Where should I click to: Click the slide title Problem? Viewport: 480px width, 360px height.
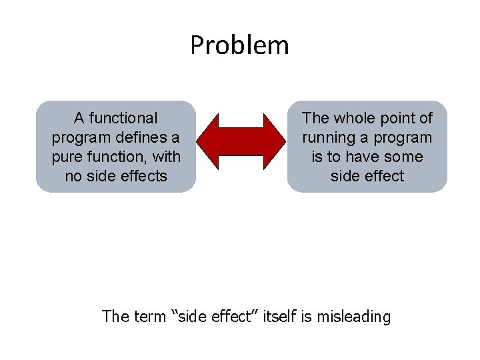[x=239, y=45]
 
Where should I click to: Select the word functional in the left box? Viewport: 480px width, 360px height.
[x=124, y=119]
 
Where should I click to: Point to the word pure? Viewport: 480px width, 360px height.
[x=67, y=157]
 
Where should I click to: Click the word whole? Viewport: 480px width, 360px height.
[x=355, y=119]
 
